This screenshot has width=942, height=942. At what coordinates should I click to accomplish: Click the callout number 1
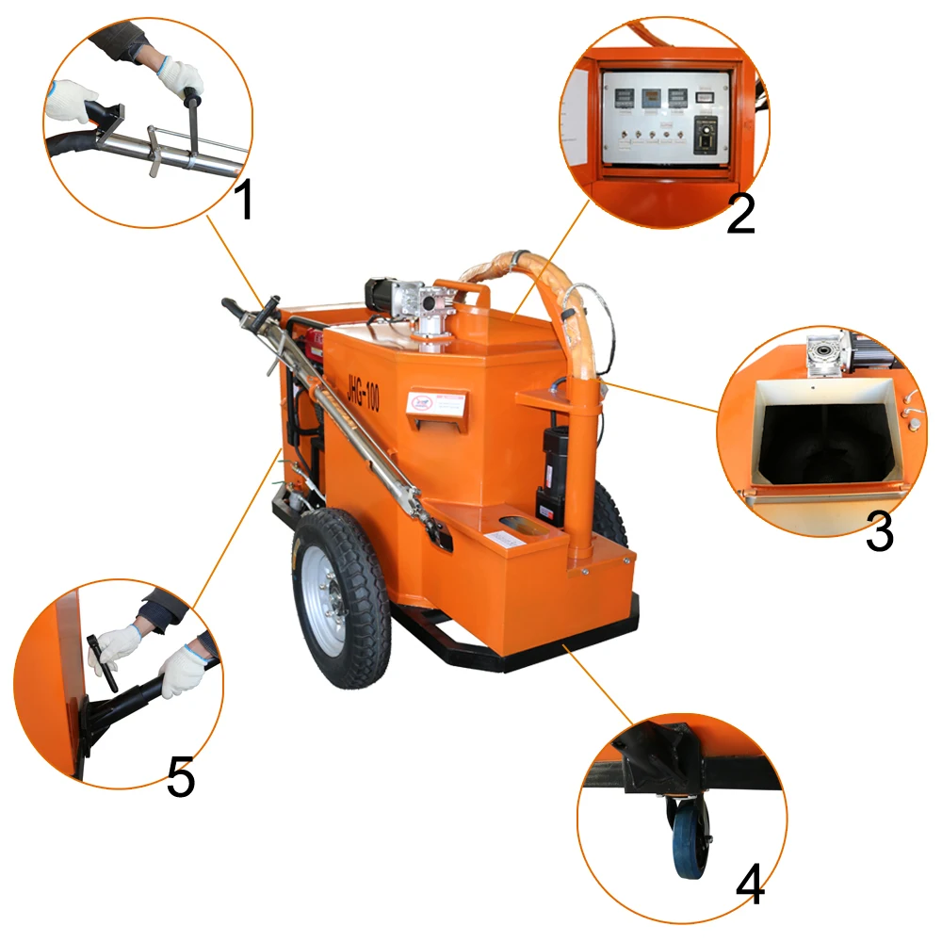(245, 200)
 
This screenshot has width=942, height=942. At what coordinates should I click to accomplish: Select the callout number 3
(879, 533)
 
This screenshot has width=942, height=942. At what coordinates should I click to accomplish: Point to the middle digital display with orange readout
(649, 96)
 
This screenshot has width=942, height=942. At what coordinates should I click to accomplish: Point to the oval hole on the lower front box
(516, 523)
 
